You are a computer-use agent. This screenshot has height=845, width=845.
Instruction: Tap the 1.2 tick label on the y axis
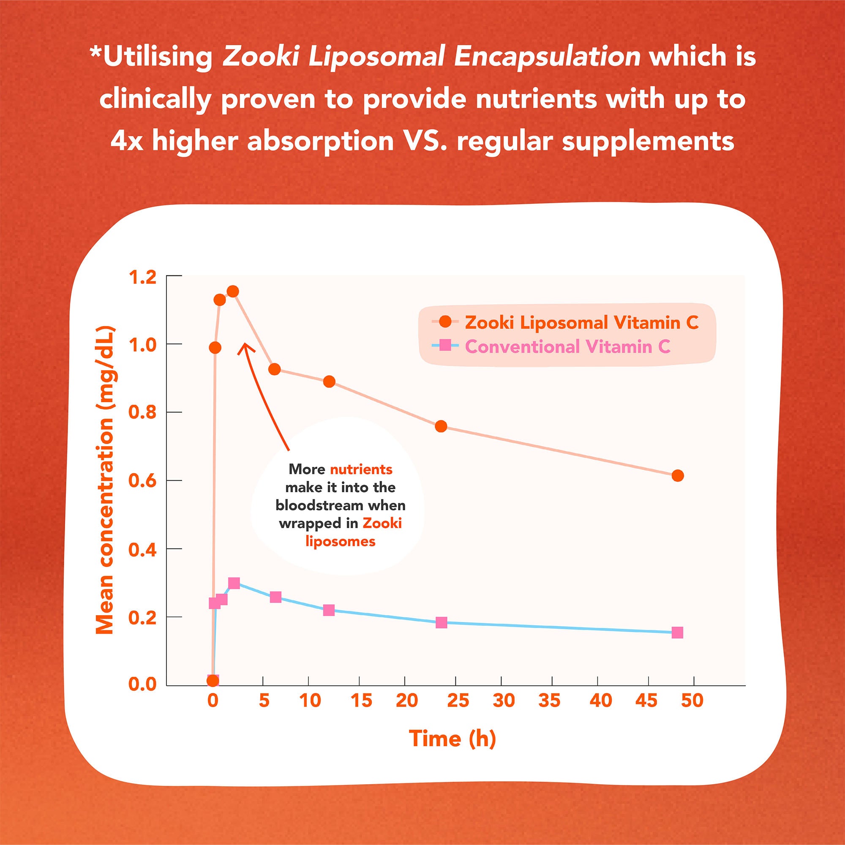(x=142, y=277)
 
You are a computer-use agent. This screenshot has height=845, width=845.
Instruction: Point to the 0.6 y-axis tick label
(x=142, y=481)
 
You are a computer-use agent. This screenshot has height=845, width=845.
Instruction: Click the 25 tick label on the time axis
(x=458, y=701)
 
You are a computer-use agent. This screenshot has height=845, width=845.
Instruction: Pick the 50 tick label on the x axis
(x=692, y=701)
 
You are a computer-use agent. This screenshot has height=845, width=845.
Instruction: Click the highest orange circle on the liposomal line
(x=233, y=291)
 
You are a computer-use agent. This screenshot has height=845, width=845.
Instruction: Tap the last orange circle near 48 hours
(x=678, y=475)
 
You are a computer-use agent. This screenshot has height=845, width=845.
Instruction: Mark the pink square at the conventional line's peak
(x=234, y=583)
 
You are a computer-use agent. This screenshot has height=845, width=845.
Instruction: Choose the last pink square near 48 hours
(x=677, y=632)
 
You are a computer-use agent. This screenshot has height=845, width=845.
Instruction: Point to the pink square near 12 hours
(x=329, y=610)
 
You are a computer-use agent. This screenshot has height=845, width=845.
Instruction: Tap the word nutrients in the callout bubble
(x=361, y=469)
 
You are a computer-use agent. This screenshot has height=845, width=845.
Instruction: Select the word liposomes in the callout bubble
(x=340, y=542)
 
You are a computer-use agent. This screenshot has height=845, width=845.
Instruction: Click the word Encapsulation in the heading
(x=547, y=57)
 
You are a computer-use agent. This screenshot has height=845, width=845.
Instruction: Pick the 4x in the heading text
(x=127, y=141)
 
